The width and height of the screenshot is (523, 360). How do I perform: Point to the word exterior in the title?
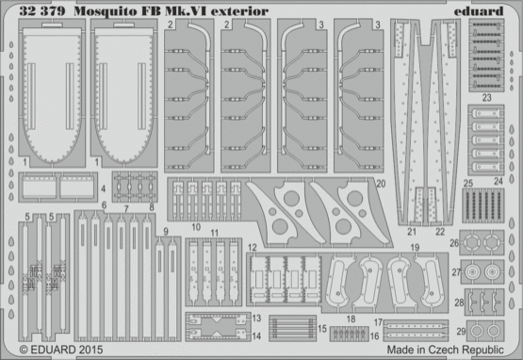(x=211, y=12)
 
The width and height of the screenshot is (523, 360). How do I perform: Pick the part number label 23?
(x=486, y=97)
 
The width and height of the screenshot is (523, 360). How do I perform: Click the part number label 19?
(x=414, y=249)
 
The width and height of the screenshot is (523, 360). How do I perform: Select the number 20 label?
(x=381, y=186)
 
